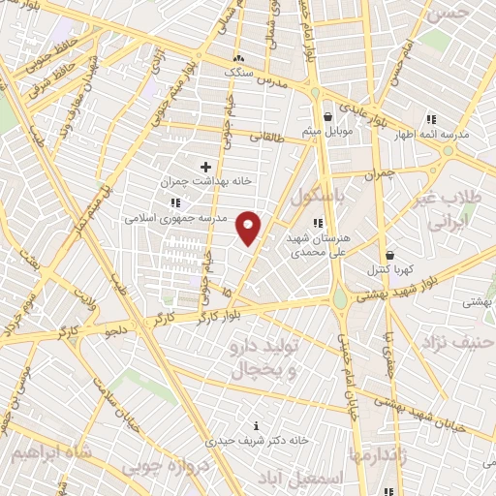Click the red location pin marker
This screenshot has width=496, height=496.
(249, 227)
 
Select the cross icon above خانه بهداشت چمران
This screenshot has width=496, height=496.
(205, 167)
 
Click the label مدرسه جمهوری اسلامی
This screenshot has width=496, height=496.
(173, 218)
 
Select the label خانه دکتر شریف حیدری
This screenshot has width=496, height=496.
(257, 440)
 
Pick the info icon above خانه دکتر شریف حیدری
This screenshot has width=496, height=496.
(257, 425)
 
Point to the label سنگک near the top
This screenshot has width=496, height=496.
(237, 71)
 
